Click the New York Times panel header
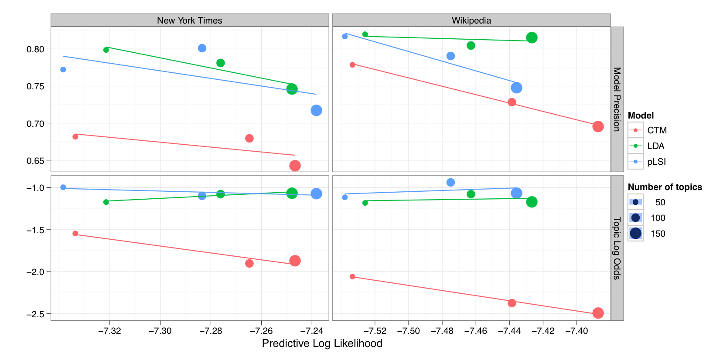click(189, 20)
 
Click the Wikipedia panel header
click(471, 20)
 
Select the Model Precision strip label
click(617, 99)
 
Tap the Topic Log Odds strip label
click(617, 248)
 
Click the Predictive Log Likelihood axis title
click(322, 343)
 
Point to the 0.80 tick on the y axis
click(36, 49)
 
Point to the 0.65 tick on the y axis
click(36, 161)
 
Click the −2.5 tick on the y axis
click(36, 314)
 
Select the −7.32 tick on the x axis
click(109, 331)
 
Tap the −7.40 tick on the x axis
click(577, 331)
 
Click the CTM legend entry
click(657, 130)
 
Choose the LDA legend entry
click(655, 146)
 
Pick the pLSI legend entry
click(656, 162)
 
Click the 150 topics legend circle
click(636, 234)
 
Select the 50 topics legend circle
click(636, 202)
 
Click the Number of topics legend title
click(665, 187)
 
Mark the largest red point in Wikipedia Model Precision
click(598, 126)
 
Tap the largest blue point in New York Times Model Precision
click(316, 110)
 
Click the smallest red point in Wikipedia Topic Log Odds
click(352, 277)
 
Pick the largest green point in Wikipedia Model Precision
click(532, 38)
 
